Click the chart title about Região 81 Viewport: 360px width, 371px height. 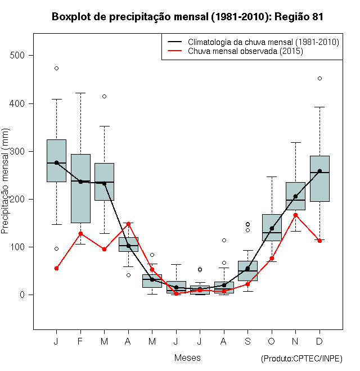click(187, 17)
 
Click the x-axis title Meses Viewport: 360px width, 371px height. click(187, 358)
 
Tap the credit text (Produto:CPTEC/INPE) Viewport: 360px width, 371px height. click(301, 359)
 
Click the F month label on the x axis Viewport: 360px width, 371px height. click(80, 342)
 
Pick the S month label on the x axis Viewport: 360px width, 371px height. click(247, 342)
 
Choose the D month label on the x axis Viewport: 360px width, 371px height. click(319, 342)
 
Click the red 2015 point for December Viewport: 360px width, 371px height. click(319, 241)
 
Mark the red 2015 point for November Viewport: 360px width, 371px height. click(295, 215)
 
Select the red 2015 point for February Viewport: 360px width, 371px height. click(80, 233)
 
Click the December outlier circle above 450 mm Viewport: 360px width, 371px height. click(319, 79)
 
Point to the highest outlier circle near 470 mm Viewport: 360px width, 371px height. click(56, 69)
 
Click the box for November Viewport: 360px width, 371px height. click(295, 196)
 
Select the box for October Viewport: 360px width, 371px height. click(272, 227)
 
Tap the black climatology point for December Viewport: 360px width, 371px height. click(319, 171)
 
